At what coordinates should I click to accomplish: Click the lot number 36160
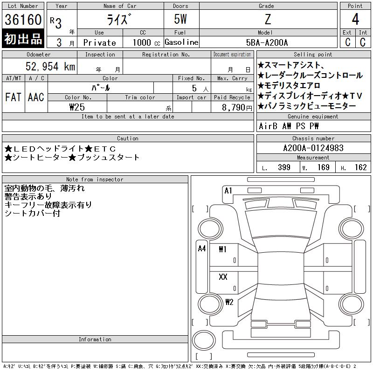click(x=23, y=20)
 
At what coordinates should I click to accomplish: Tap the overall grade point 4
click(x=355, y=20)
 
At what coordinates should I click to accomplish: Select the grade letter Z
click(x=267, y=20)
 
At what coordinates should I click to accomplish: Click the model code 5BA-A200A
click(x=267, y=42)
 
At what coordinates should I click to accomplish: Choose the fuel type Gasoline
click(x=181, y=42)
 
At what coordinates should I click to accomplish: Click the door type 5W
click(x=180, y=20)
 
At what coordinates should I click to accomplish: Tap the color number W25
click(x=76, y=107)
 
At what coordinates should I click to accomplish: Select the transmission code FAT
click(x=13, y=97)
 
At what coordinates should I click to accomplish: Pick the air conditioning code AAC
click(x=36, y=97)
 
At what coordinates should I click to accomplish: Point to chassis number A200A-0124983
click(x=313, y=148)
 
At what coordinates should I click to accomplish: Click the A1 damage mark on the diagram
click(x=228, y=191)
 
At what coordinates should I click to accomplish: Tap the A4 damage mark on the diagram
click(x=202, y=249)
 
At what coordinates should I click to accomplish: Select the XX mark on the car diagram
click(x=223, y=277)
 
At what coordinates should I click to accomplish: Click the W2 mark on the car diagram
click(x=229, y=302)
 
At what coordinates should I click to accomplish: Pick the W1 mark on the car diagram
click(x=222, y=249)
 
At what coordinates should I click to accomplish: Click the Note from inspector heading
click(x=95, y=180)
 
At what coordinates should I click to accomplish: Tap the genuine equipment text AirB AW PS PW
click(x=289, y=126)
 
